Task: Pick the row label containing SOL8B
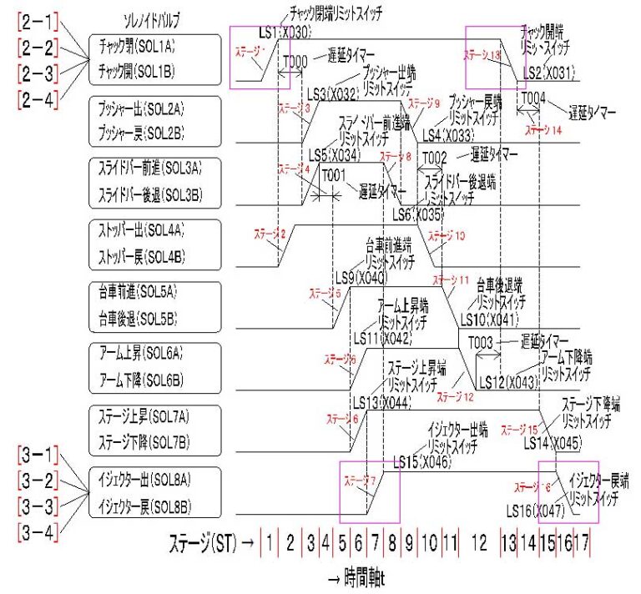pos(147,504)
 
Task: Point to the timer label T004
pos(532,98)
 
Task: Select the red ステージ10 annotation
pos(447,236)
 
